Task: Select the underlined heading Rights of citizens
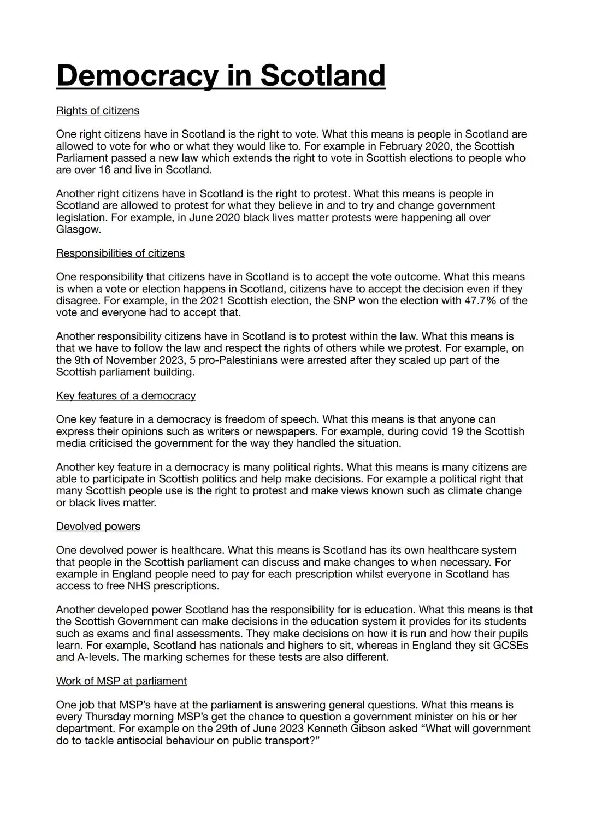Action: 98,111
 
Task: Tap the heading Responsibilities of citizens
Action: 120,253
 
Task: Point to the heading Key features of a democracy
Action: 126,396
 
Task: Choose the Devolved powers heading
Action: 98,527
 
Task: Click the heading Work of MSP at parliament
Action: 121,681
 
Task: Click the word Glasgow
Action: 79,229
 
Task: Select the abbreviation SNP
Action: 345,301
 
